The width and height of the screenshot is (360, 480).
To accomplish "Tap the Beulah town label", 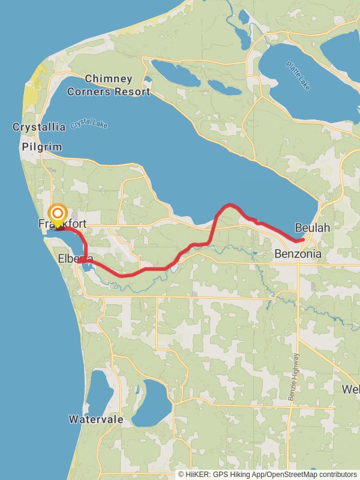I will click(x=312, y=228).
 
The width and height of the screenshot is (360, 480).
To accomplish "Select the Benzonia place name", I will click(x=298, y=254).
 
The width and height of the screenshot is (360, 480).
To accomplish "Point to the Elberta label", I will click(x=75, y=259).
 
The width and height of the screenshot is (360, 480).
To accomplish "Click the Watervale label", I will click(x=96, y=419).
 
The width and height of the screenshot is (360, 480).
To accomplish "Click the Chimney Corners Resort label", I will click(x=109, y=85).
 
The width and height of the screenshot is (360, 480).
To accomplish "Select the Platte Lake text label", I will click(x=298, y=76).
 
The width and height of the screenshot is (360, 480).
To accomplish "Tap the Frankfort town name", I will click(x=62, y=224).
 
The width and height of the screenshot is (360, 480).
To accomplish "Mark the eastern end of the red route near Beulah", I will click(x=303, y=240).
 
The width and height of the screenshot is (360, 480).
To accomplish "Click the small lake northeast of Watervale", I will click(x=151, y=403).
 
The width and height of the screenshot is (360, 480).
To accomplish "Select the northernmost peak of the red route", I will click(x=229, y=205).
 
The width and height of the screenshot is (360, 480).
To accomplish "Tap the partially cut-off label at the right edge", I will click(x=351, y=389).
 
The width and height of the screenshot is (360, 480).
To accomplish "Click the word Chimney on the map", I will click(x=109, y=79).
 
